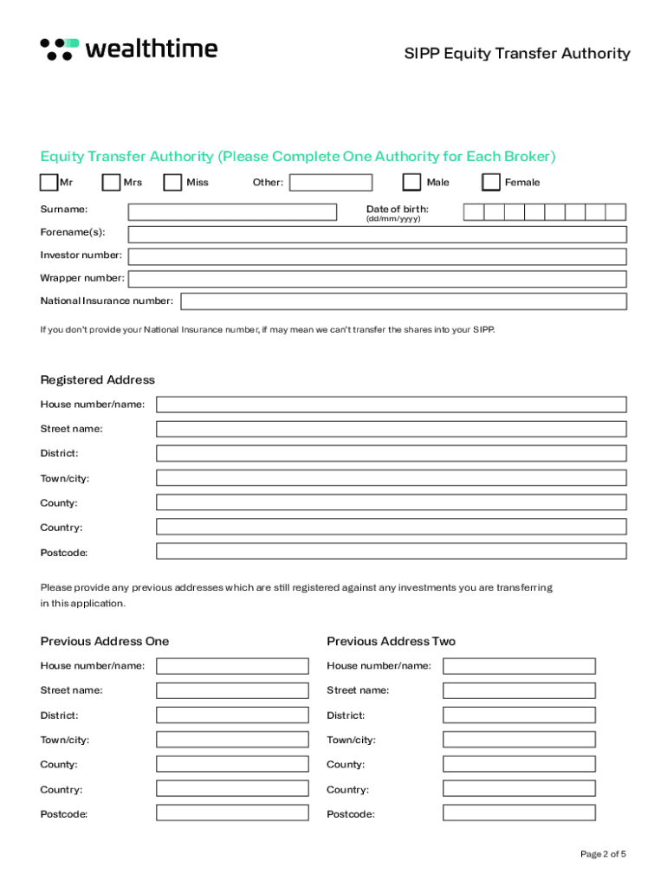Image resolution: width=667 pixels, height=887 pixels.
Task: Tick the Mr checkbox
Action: pos(49,182)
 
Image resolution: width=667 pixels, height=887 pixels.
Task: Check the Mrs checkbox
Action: pos(111,182)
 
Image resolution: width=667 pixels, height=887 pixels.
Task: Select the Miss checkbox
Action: pos(173,182)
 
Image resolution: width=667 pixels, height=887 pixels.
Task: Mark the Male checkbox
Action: pos(411,182)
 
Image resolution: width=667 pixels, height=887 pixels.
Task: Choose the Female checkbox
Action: pos(491,182)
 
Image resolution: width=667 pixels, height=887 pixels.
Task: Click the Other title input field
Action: pos(331,183)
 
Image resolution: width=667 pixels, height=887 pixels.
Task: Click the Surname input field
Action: pos(232,211)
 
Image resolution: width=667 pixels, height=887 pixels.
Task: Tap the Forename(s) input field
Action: pos(377,234)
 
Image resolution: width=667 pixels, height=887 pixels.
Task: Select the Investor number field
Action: pos(377,256)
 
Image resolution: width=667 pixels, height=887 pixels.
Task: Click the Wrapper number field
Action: pos(377,279)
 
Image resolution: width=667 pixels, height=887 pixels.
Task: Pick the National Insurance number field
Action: pos(403,301)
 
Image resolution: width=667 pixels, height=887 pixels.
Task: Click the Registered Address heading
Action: pos(98,380)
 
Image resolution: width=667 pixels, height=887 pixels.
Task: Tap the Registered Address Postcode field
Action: pos(391,552)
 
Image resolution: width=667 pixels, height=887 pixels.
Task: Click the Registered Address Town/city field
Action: pos(391,478)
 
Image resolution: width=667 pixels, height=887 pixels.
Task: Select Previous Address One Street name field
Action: pos(232,690)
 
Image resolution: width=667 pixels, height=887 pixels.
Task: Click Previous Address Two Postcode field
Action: pos(519,813)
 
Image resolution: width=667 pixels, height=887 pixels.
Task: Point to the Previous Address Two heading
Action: pos(391,642)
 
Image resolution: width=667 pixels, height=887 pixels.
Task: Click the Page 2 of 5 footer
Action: pos(603,854)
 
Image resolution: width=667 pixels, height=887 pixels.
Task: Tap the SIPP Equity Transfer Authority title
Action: pos(517,54)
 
